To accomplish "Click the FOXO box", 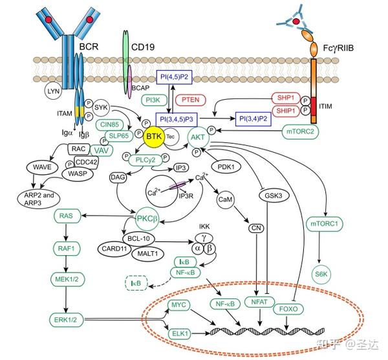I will click(x=287, y=309).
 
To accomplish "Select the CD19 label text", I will click(x=145, y=46).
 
